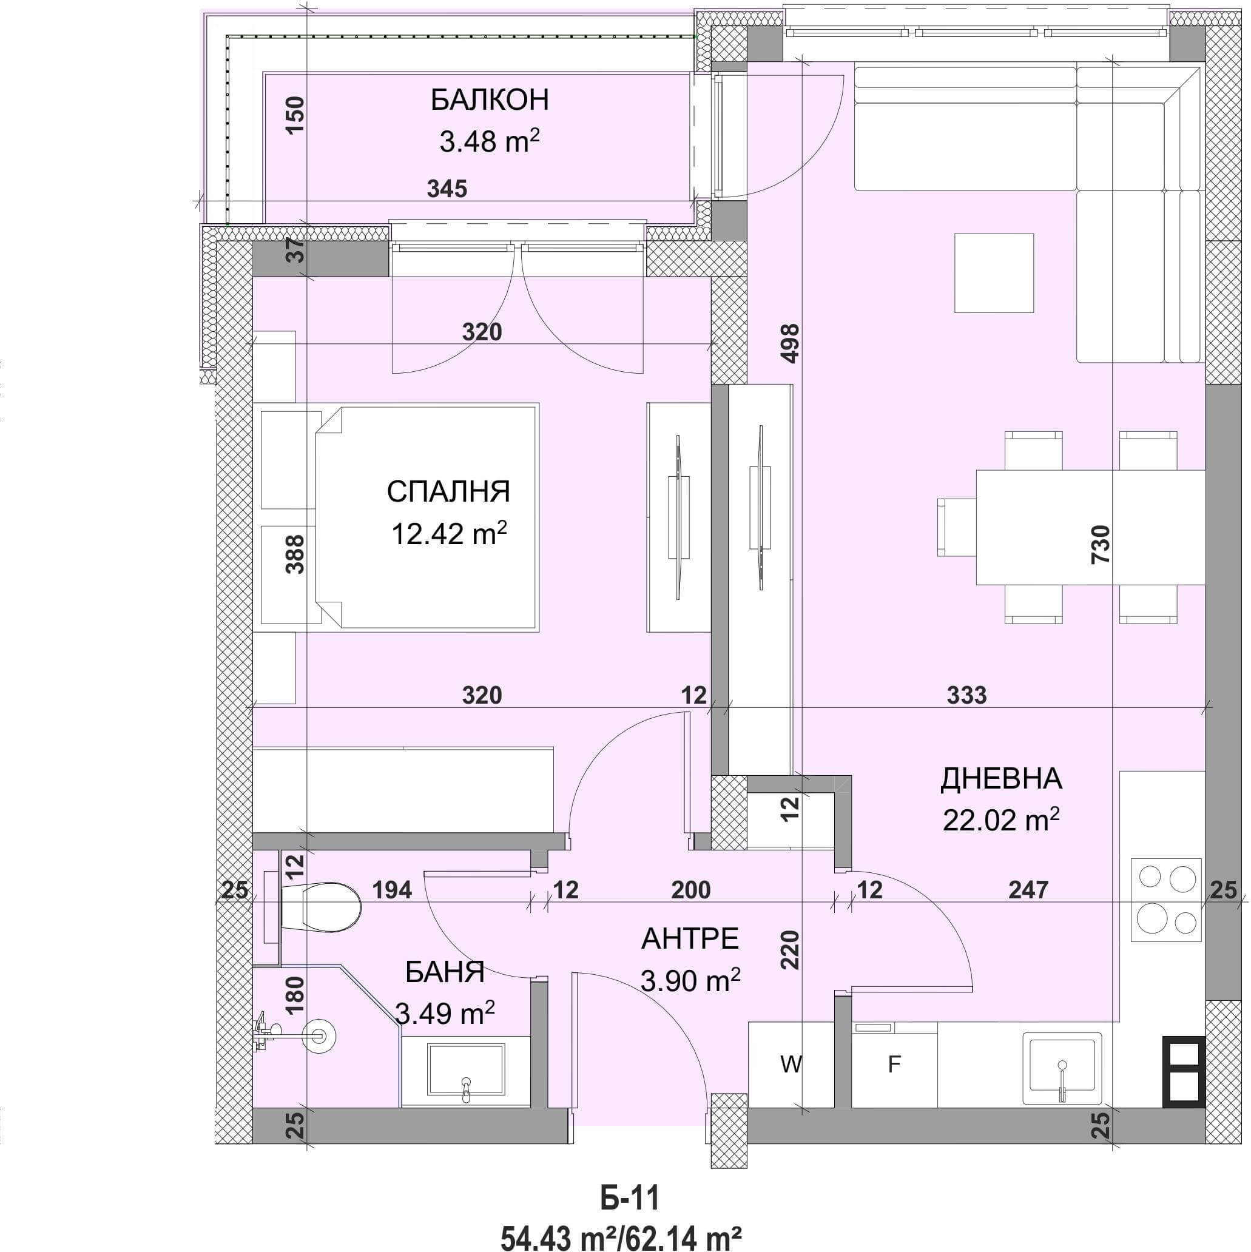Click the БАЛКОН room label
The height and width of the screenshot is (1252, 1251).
coord(490,100)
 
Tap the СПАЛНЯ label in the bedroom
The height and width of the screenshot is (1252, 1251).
coord(448,492)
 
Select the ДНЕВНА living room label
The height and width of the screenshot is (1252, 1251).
coord(1001,778)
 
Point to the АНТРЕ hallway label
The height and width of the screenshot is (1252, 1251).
coord(690,938)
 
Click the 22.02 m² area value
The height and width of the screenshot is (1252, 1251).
coord(1001,820)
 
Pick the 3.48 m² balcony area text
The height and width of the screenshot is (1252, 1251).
coord(490,141)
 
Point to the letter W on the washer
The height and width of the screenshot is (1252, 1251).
coord(791,1063)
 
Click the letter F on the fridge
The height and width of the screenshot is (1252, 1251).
coord(894,1063)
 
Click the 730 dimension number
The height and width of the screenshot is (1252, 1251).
coord(1101,544)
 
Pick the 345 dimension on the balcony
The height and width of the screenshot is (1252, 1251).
coord(447,189)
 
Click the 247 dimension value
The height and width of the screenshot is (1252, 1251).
coord(1028,890)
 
